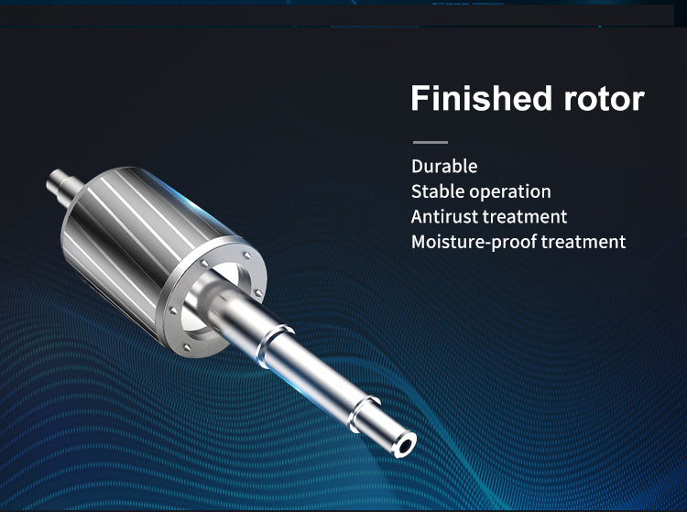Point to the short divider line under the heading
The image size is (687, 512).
point(431,142)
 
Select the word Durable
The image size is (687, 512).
point(444,167)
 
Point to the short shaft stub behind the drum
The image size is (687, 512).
point(64,186)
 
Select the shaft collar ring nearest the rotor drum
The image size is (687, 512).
point(273,345)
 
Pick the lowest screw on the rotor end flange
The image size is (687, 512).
point(187,348)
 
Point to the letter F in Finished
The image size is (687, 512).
point(420,99)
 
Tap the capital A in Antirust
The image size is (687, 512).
point(417,217)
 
